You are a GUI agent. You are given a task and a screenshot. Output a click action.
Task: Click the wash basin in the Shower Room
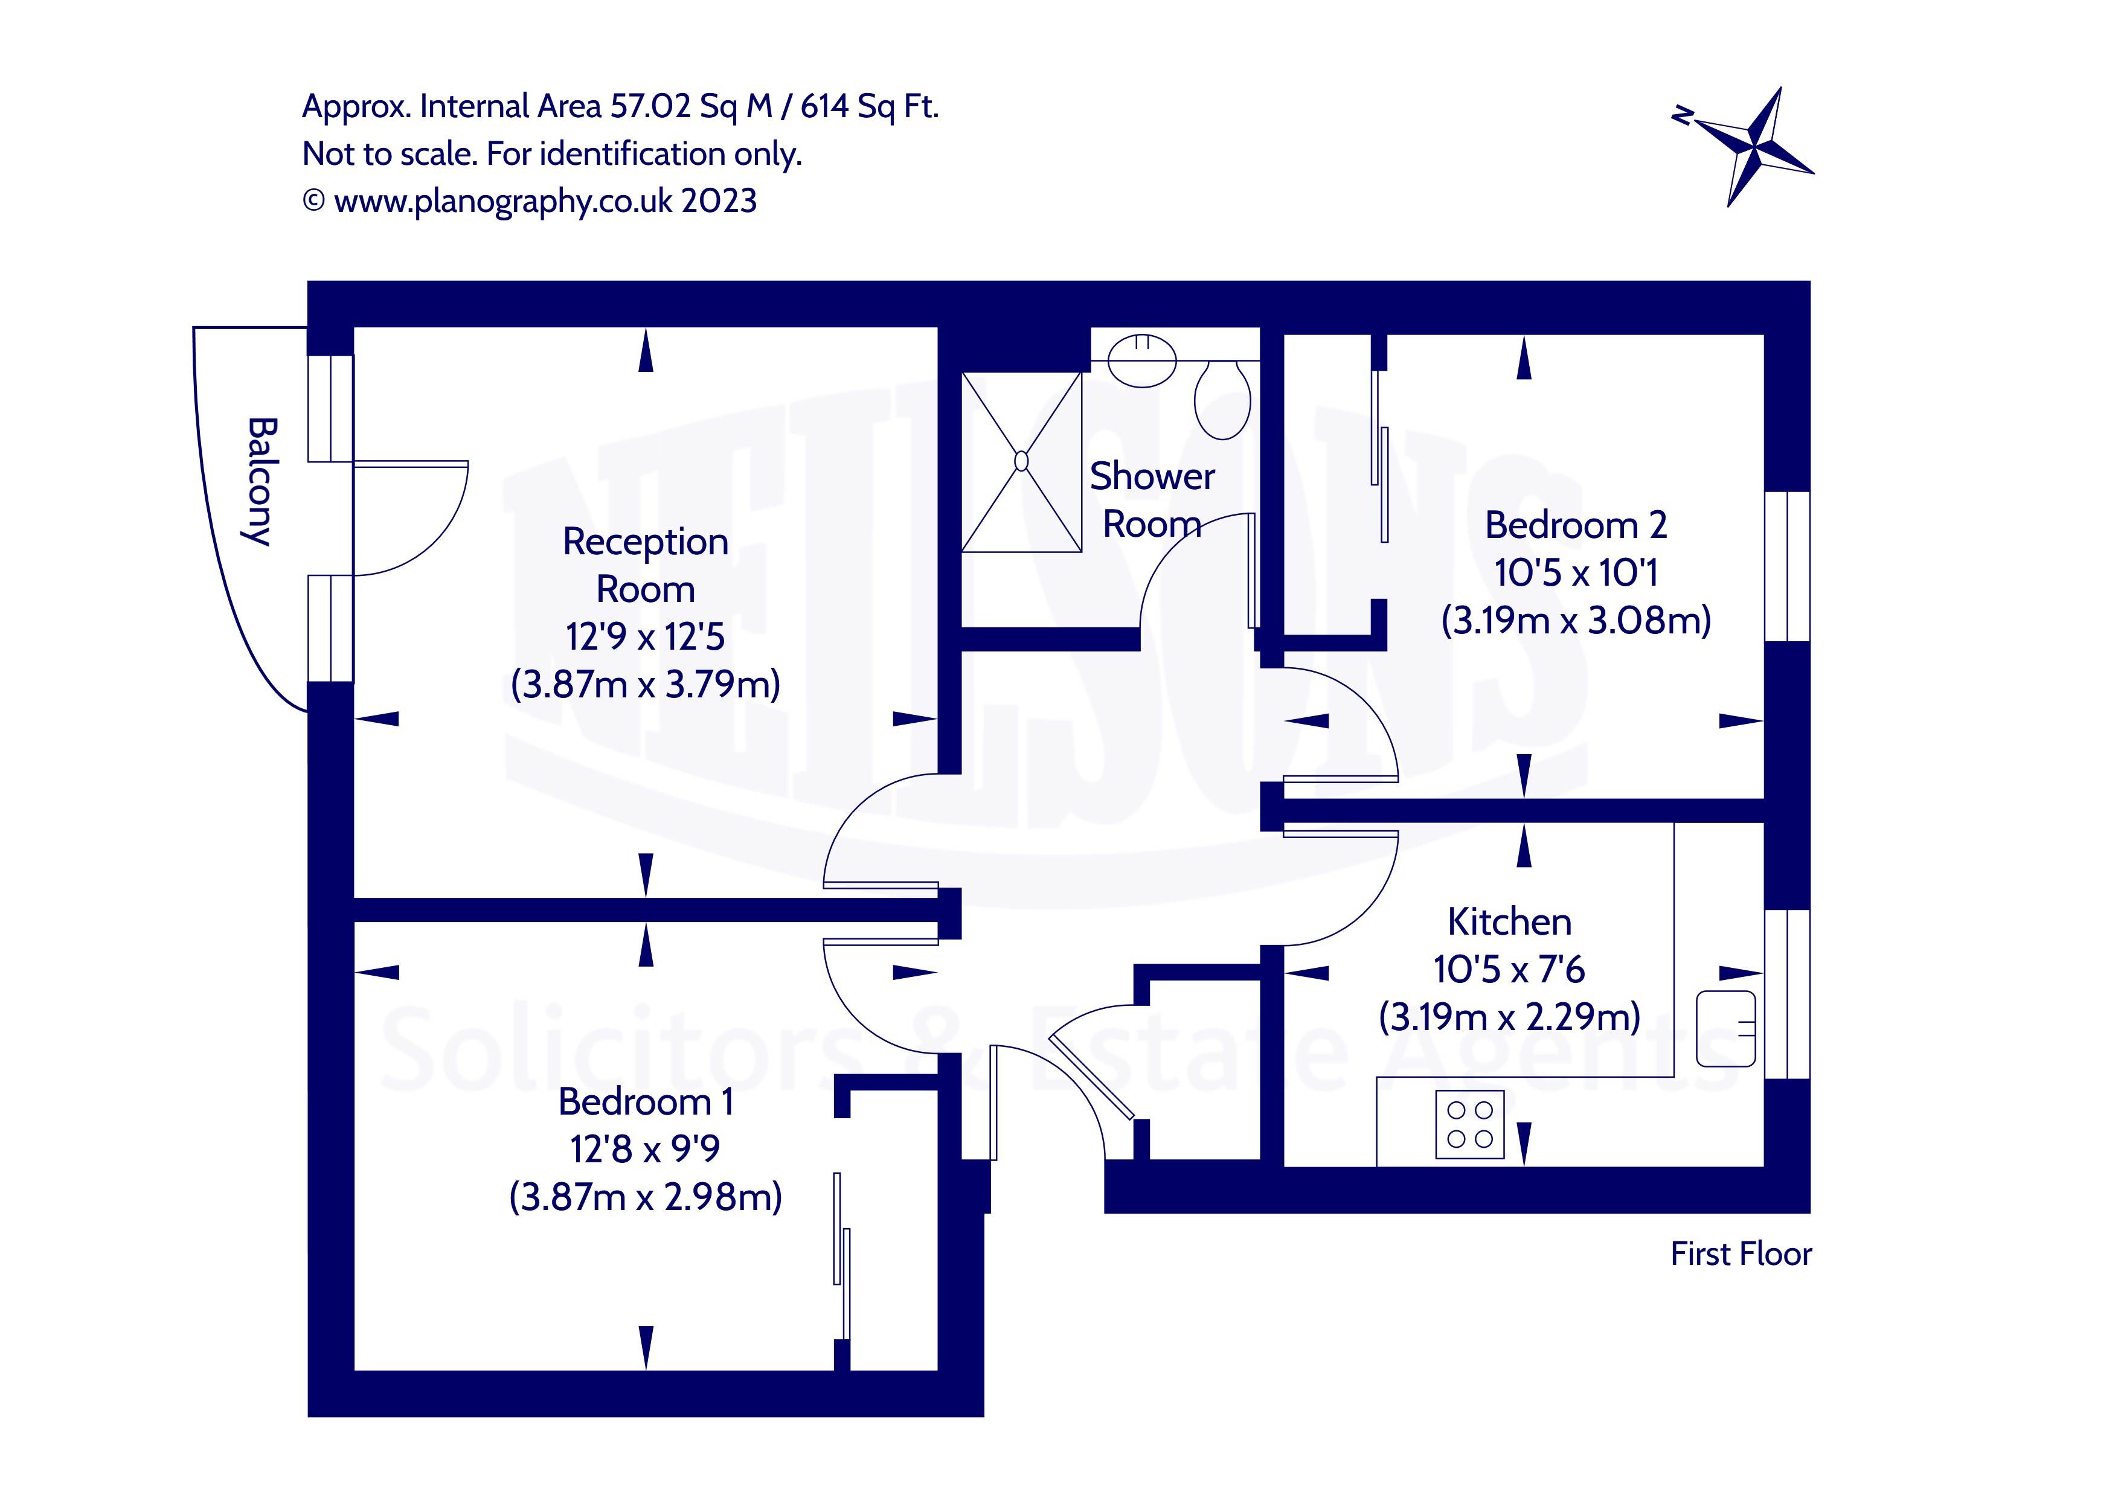(1142, 360)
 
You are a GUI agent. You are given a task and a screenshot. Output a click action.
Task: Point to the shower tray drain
(1021, 460)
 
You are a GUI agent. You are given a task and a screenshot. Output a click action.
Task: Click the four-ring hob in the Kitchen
(1469, 1124)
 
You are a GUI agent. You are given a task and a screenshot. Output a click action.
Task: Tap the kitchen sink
(1726, 1028)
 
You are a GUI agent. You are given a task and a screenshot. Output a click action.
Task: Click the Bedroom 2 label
(1576, 525)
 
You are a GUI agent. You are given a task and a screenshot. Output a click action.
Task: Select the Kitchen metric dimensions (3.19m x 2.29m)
(1509, 1017)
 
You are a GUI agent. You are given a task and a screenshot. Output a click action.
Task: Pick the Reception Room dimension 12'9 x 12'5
(645, 636)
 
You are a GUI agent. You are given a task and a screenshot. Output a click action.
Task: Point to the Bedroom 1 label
(645, 1101)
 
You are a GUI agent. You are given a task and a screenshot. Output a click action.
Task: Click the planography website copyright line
(530, 200)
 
